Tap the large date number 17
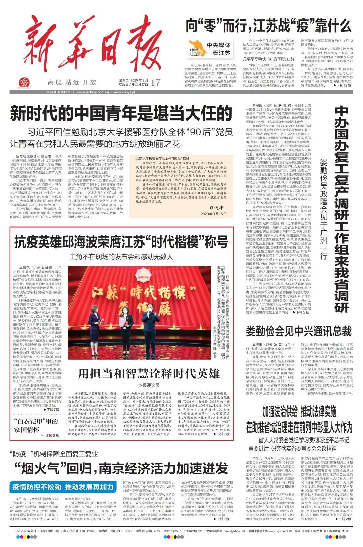pos(155,82)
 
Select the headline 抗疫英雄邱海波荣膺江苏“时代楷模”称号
pos(121,242)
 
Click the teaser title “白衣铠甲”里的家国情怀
pos(36,425)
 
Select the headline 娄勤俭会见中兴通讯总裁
pos(298,331)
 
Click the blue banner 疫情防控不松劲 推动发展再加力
pos(63,487)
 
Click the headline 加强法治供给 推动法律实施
pos(299,411)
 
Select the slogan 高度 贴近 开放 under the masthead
pos(72,82)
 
